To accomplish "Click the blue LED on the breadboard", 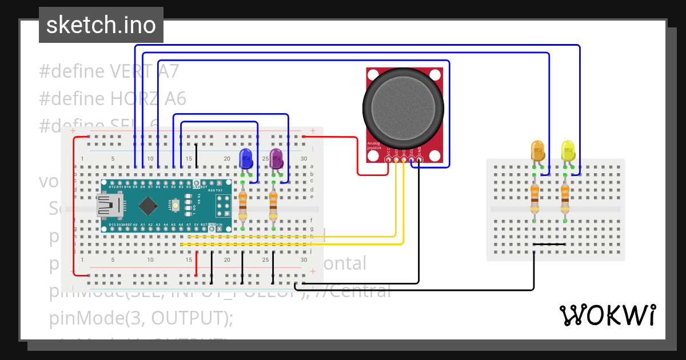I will pos(246,158).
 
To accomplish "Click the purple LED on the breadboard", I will pos(277,158).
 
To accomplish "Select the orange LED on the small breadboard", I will pos(538,150).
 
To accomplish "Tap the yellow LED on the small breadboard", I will pos(568,150).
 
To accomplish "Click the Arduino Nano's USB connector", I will pos(109,206).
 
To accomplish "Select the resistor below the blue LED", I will pos(243,206).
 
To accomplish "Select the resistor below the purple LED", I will pos(273,206).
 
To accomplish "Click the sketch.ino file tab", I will pos(101,25).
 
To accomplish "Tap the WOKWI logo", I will pos(607,315).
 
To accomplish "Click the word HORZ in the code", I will pos(133,99).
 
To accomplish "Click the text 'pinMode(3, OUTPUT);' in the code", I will pos(142,318).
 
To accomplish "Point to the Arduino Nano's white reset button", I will pos(177,205).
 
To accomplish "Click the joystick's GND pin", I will pos(419,160).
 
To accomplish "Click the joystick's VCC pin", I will pos(389,160).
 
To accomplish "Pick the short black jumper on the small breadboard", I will pos(549,245).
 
